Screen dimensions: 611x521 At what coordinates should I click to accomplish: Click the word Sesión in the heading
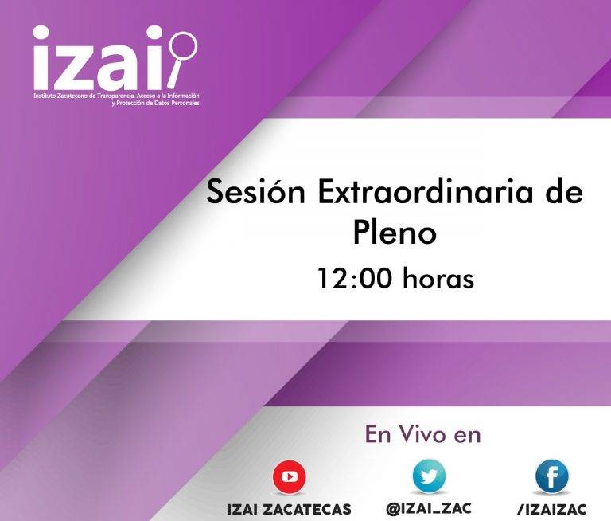255,193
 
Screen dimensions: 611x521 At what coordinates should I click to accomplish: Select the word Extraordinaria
425,192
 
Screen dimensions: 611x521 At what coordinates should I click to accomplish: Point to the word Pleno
395,232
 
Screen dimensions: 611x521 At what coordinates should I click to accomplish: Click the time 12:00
354,279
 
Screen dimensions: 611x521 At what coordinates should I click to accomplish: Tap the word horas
438,279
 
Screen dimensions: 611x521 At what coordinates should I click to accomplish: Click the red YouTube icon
289,477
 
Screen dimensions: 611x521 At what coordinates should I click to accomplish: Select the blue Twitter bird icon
429,476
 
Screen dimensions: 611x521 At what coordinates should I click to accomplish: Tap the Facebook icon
552,476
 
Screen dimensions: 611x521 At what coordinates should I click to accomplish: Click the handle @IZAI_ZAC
429,508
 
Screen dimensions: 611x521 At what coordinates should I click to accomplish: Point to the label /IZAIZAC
552,509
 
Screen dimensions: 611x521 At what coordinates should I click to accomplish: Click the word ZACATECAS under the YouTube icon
307,509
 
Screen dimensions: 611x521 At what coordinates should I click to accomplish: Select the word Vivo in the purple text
422,435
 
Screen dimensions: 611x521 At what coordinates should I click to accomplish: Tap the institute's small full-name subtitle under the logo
116,99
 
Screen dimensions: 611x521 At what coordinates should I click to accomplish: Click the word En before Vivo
379,435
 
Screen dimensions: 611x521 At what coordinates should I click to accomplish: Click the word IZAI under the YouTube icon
243,509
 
